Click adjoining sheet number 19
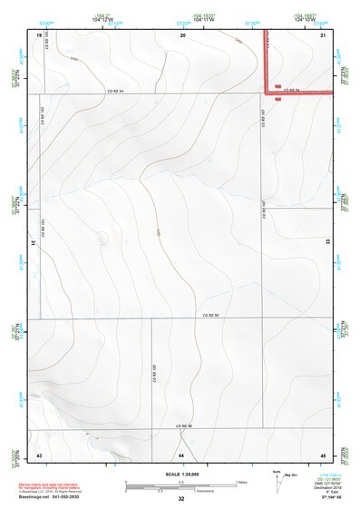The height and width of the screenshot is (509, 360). (39, 34)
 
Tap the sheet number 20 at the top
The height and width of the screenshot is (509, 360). (182, 34)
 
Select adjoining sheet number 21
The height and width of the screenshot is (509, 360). (323, 34)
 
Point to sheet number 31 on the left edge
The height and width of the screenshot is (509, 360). (33, 243)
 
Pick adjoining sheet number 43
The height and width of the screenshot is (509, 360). (39, 454)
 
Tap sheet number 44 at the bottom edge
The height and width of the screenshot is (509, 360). (181, 454)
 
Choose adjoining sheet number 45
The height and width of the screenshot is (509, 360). (323, 454)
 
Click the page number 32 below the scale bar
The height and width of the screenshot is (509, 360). (181, 499)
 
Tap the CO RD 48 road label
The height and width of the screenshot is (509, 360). (185, 426)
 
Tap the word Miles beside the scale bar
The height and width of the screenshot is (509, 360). (241, 482)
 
